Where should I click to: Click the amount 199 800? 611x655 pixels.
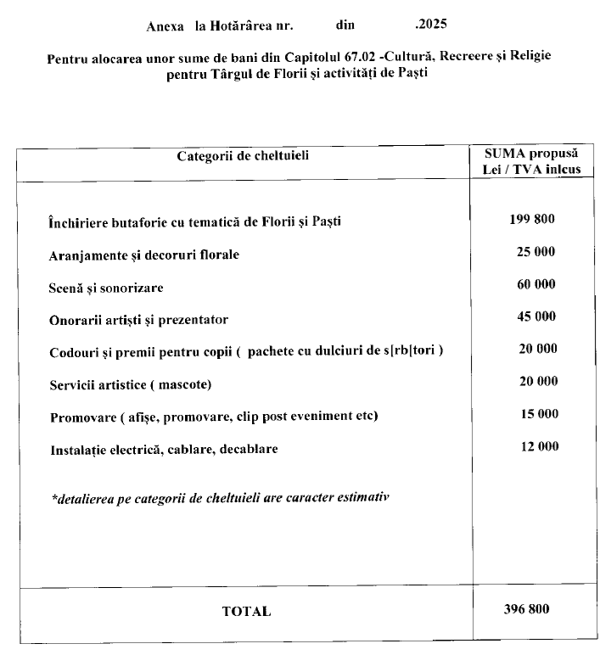(x=531, y=219)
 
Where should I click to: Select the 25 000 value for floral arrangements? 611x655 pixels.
(x=535, y=252)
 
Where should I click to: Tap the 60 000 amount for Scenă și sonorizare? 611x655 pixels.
(x=535, y=285)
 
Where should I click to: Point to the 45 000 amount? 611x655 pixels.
(x=535, y=316)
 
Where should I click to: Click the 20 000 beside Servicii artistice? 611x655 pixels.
(x=538, y=382)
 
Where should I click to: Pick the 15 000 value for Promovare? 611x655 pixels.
(x=539, y=414)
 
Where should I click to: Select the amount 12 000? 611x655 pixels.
(x=539, y=446)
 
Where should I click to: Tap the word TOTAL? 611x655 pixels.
(x=246, y=611)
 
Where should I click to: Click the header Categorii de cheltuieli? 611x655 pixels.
(x=244, y=156)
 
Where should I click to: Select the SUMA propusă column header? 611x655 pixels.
(x=532, y=154)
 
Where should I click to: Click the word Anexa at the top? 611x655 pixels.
(x=165, y=26)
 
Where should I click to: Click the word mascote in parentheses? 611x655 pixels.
(x=180, y=385)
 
